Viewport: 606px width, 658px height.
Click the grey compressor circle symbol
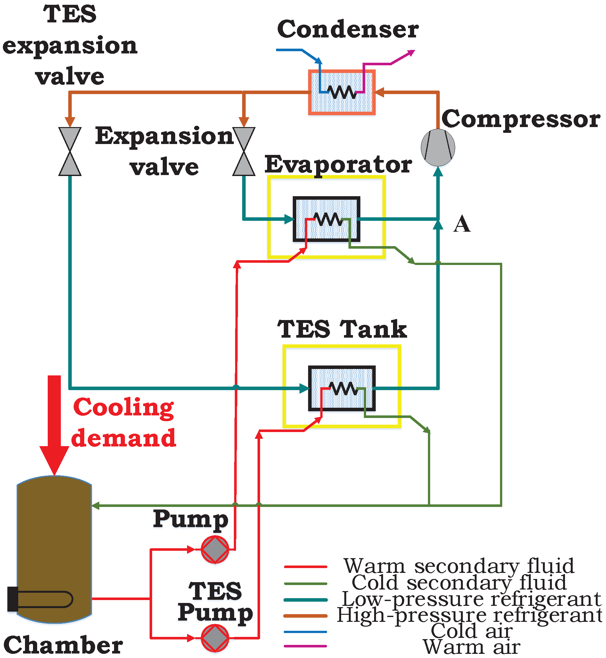pos(438,148)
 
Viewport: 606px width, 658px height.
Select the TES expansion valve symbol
pos(70,151)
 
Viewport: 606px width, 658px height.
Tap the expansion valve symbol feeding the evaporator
pos(244,151)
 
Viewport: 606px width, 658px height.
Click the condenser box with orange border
pos(342,92)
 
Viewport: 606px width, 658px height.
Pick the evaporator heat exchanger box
pos(326,219)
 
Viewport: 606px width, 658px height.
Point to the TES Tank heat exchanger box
pos(342,388)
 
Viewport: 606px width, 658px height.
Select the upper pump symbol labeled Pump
pos(215,550)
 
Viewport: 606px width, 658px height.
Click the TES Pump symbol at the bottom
pos(215,638)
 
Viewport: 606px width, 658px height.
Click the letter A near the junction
pos(462,224)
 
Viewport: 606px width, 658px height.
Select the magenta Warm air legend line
pos(305,646)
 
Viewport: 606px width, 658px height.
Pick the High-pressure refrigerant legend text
pos(469,615)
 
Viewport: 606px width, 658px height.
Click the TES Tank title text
pos(342,329)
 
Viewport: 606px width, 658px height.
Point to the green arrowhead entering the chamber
pos(95,506)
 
